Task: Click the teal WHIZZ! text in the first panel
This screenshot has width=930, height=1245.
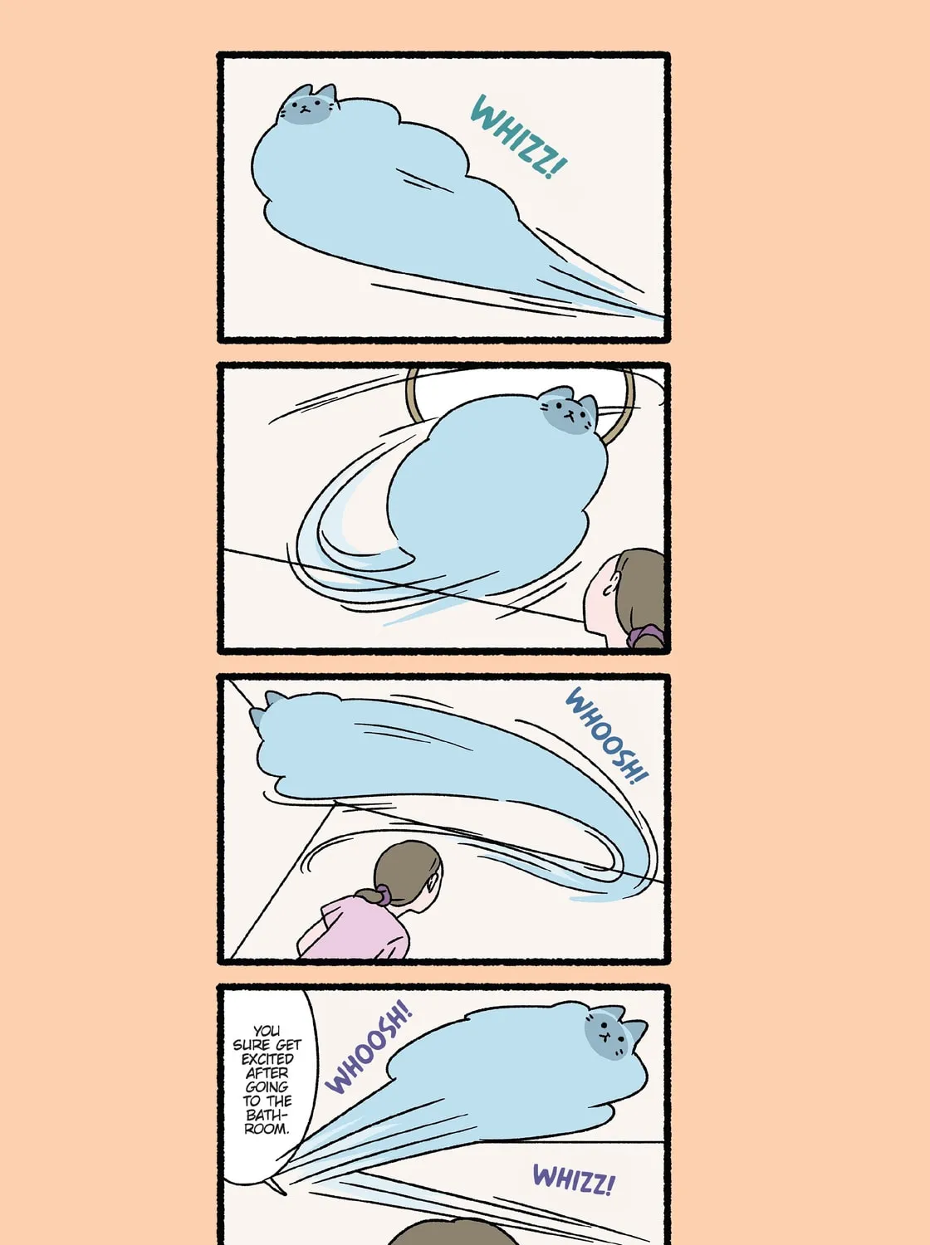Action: [519, 137]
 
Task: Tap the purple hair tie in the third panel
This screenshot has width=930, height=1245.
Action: [384, 896]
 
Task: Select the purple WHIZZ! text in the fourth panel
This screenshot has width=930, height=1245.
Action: [574, 1179]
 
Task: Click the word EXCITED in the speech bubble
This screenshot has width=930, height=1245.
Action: [267, 1058]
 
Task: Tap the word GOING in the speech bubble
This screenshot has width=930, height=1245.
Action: [267, 1086]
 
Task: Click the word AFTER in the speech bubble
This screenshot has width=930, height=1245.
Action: [267, 1072]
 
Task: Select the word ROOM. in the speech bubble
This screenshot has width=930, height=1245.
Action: [267, 1129]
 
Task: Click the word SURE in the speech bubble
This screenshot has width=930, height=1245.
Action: [252, 1045]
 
